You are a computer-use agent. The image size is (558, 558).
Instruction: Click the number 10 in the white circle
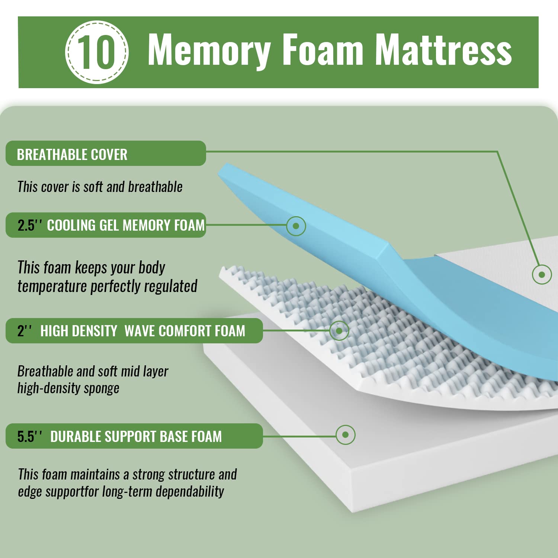click(x=97, y=52)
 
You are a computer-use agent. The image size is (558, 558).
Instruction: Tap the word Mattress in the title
click(x=443, y=50)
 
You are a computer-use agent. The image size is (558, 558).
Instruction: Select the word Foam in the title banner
click(x=323, y=50)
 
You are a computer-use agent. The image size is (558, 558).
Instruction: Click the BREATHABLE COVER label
click(x=72, y=154)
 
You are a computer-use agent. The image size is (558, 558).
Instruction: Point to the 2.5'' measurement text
click(x=30, y=225)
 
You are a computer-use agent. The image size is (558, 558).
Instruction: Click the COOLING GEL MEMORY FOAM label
click(x=126, y=225)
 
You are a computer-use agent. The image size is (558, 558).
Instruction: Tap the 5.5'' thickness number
click(x=30, y=436)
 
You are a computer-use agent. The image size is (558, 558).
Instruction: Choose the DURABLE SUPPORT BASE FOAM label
click(x=136, y=436)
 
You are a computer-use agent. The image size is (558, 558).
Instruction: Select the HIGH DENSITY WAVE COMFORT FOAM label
click(x=143, y=331)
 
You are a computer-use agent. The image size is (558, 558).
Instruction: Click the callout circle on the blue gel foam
click(x=296, y=226)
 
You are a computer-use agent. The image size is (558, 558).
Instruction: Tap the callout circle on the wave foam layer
click(x=339, y=330)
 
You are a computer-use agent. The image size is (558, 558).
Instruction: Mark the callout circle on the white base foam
click(x=345, y=434)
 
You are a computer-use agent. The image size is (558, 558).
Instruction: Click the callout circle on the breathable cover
click(x=542, y=275)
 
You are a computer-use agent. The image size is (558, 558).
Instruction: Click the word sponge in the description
click(x=101, y=388)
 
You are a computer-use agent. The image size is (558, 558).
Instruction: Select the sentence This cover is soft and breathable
click(x=100, y=187)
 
